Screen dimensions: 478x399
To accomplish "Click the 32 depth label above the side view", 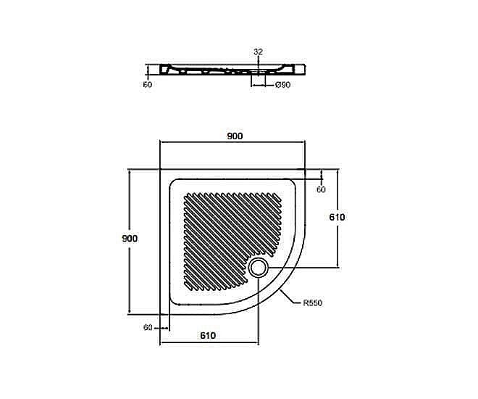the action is (258, 52).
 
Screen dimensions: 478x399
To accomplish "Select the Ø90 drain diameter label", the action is (282, 85).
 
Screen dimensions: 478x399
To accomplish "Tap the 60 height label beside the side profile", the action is (148, 84).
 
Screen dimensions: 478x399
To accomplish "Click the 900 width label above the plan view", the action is (235, 136).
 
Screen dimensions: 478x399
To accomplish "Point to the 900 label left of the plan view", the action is (130, 238).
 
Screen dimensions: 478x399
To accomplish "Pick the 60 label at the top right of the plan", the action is (321, 189).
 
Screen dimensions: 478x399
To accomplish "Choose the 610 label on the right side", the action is (337, 217).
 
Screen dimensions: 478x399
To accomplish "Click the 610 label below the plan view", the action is (208, 335).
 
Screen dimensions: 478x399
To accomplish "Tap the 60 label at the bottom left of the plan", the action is (148, 327).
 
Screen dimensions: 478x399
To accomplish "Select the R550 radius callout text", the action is (312, 303).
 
